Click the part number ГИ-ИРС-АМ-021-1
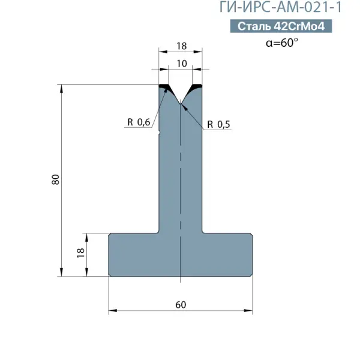tap(281, 7)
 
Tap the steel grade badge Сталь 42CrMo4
tap(281, 26)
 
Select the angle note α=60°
tap(282, 43)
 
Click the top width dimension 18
tap(182, 46)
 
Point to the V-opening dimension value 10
tap(182, 64)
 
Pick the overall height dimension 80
tap(56, 179)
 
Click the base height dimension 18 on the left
tap(80, 253)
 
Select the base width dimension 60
tap(181, 305)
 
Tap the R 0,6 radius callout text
tap(139, 122)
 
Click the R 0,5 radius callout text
tap(218, 124)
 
